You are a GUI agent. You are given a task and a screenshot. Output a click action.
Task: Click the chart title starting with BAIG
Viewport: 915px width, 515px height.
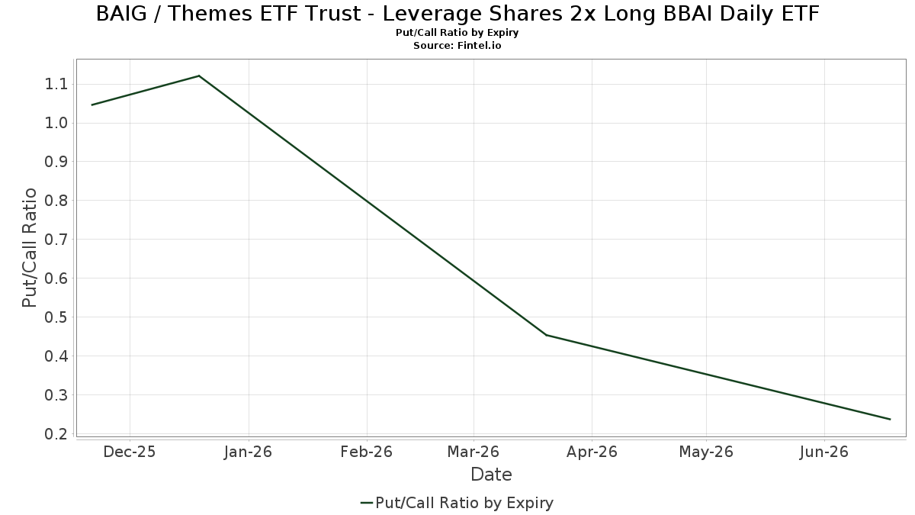pyautogui.click(x=457, y=14)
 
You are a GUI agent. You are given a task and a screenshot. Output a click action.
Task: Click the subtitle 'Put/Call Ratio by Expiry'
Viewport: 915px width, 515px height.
pyautogui.click(x=457, y=33)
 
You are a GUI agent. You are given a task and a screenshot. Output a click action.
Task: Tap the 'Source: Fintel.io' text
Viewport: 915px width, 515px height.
pyautogui.click(x=457, y=46)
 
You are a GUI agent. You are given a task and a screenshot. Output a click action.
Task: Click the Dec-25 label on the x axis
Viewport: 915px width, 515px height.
pyautogui.click(x=130, y=452)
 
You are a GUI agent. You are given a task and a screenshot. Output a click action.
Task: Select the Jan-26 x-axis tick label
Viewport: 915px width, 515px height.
pyautogui.click(x=249, y=452)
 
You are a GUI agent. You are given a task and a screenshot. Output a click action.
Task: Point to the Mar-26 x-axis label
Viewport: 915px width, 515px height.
pyautogui.click(x=474, y=452)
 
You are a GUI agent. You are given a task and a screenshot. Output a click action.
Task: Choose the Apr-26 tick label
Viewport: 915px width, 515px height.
pyautogui.click(x=592, y=452)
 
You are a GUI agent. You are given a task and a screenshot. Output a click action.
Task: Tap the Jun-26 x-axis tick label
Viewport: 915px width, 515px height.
pyautogui.click(x=824, y=452)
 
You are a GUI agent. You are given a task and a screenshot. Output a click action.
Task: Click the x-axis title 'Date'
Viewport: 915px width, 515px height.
pyautogui.click(x=491, y=475)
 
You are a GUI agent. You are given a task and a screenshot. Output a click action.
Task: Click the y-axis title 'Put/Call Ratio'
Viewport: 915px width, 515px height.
pyautogui.click(x=30, y=248)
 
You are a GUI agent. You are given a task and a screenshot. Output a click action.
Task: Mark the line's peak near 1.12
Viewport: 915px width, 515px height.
pyautogui.click(x=199, y=76)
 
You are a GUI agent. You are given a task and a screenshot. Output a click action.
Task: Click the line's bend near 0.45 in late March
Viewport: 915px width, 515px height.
pyautogui.click(x=546, y=335)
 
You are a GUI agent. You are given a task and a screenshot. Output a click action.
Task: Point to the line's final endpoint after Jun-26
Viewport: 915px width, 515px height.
pyautogui.click(x=890, y=419)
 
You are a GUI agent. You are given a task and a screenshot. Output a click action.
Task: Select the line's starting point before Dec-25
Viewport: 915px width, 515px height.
pyautogui.click(x=92, y=105)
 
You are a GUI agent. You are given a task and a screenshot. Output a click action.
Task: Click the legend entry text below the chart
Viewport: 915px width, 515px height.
pyautogui.click(x=464, y=503)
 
